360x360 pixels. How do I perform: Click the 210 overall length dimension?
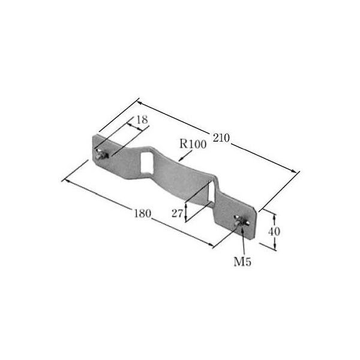pos(221,138)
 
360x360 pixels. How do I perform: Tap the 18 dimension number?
pos(141,120)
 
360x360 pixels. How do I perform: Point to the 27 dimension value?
pos(177,213)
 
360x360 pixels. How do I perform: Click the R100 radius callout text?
pos(193,144)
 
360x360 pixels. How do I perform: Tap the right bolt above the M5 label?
pos(241,223)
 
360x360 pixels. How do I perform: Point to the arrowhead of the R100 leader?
pos(181,160)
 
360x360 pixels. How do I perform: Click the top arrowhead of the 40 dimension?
pos(275,213)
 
